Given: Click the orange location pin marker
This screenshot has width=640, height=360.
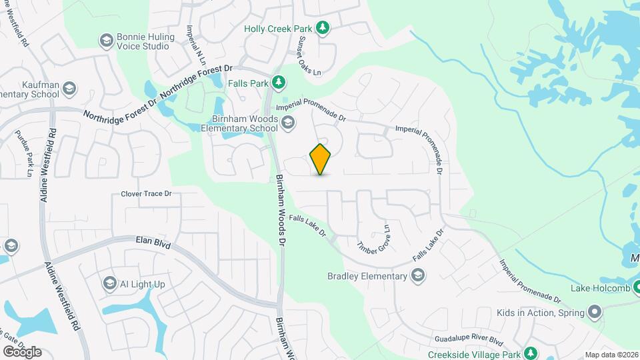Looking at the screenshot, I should (x=321, y=159).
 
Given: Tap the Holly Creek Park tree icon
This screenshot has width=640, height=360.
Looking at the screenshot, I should (x=323, y=27).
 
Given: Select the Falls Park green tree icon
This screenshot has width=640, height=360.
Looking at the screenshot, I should (x=279, y=83).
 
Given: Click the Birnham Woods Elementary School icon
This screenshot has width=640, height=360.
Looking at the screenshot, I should (x=287, y=123).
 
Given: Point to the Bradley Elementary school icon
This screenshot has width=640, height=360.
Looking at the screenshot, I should (x=418, y=276).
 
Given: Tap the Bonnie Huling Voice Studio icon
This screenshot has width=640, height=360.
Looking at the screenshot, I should (x=105, y=41).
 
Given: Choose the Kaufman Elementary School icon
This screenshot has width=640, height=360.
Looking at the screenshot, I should (x=71, y=88).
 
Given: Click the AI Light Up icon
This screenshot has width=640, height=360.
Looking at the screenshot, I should (x=109, y=284).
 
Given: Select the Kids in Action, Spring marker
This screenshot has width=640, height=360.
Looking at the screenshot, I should (x=595, y=312).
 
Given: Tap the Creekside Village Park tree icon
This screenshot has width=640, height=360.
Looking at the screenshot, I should (x=530, y=351).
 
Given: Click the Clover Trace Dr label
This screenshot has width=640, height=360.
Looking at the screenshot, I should (x=146, y=194).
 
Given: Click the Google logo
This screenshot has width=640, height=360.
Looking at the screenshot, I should (x=21, y=351).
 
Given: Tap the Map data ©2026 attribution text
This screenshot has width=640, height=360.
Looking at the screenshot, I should (x=611, y=355).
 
